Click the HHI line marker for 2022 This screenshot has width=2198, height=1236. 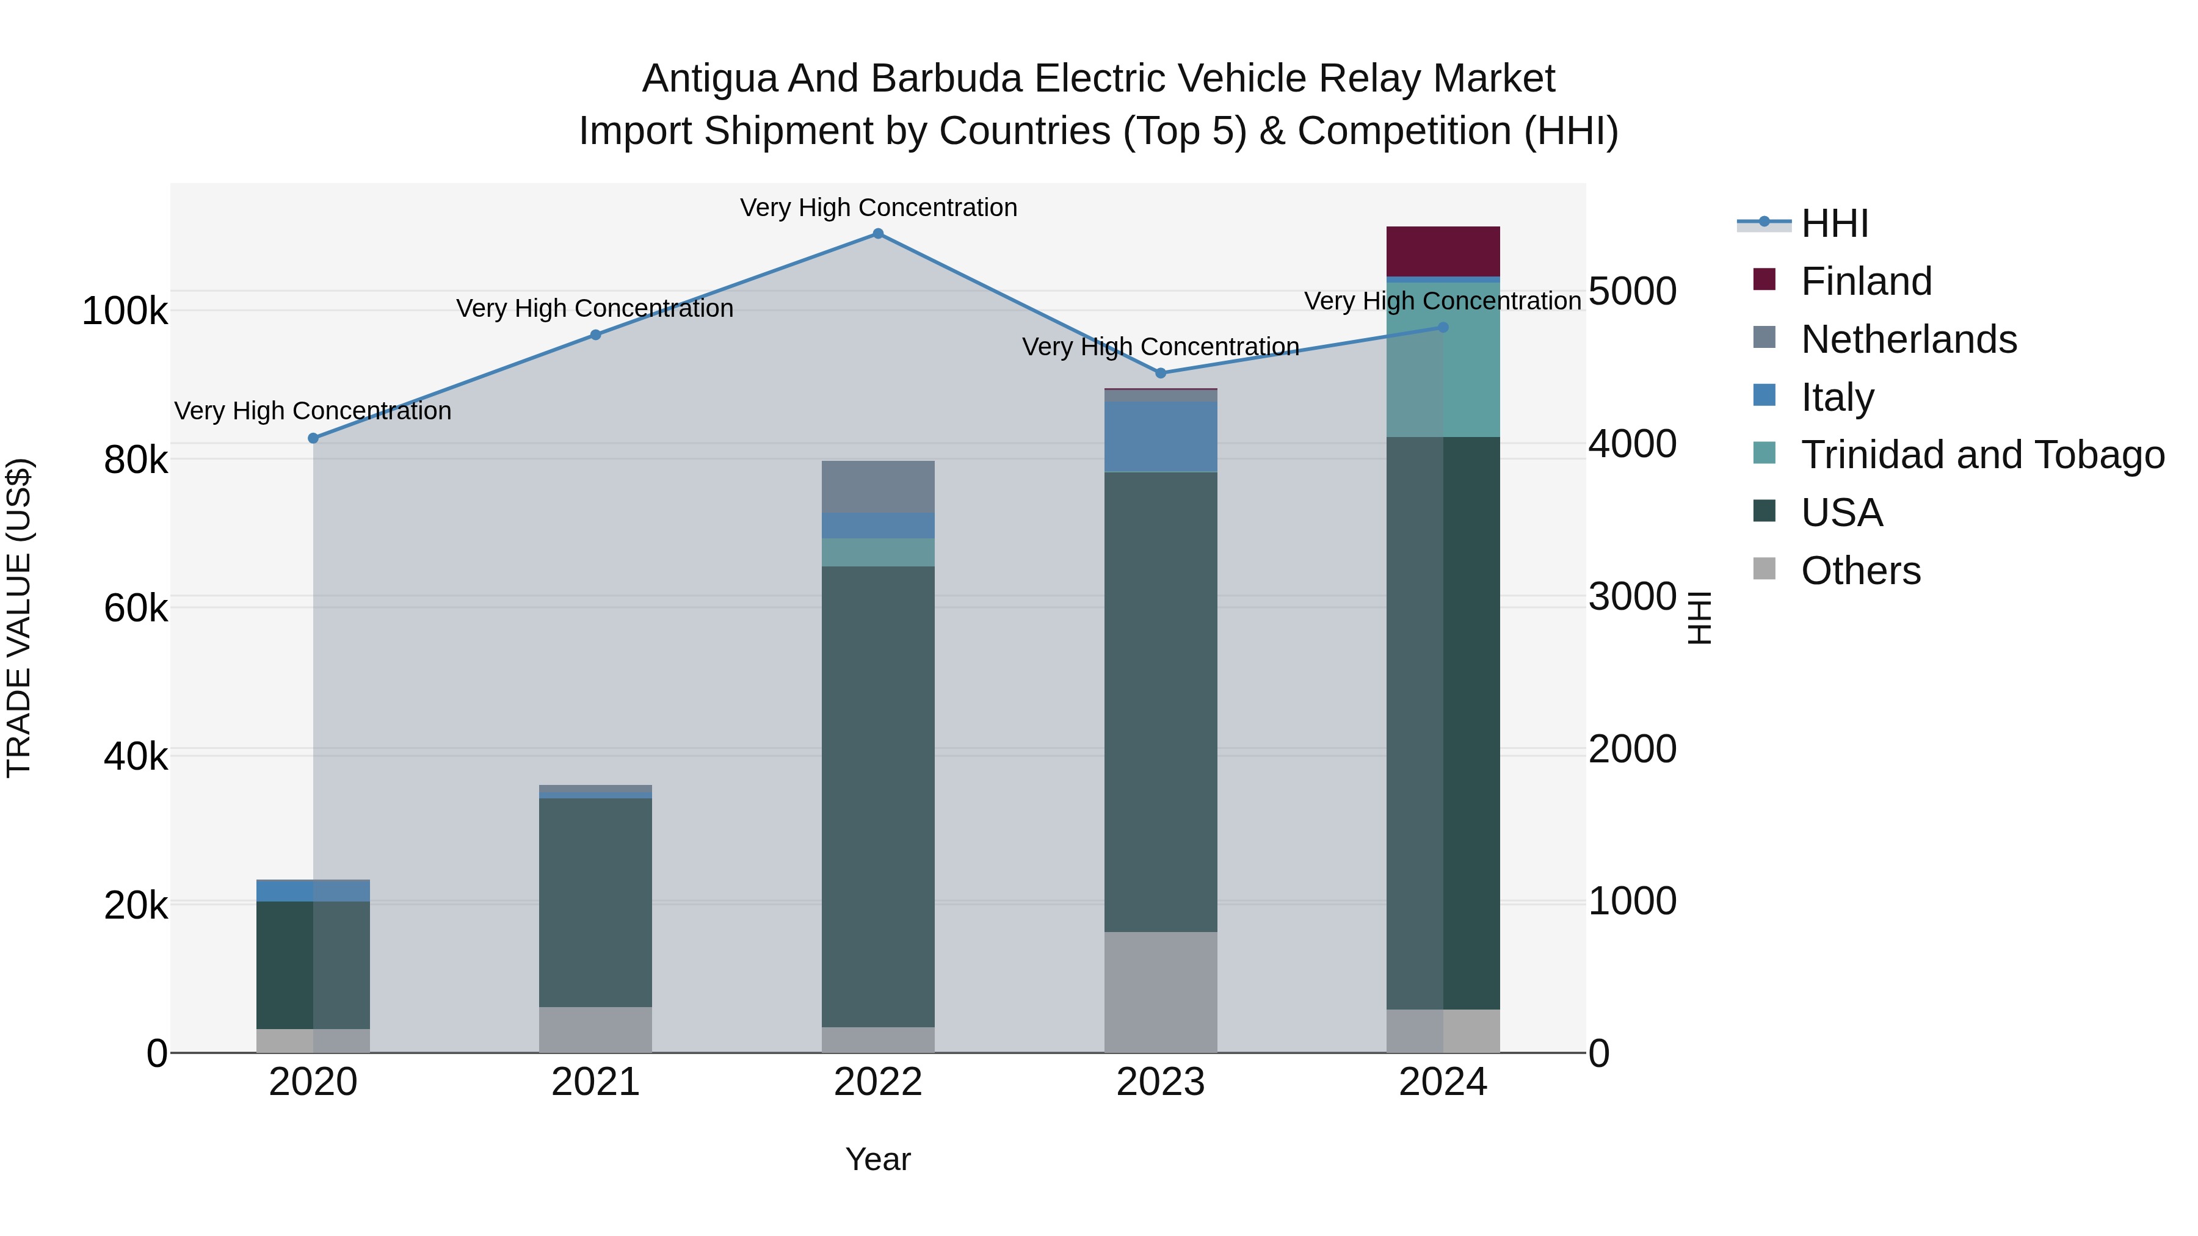tap(878, 234)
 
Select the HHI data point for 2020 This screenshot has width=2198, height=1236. tap(313, 438)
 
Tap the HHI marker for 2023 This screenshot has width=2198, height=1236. tap(1161, 374)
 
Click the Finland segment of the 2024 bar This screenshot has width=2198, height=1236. tap(1443, 251)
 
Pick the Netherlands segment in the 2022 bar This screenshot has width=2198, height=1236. tap(878, 486)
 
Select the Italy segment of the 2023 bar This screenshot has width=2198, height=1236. tap(1161, 436)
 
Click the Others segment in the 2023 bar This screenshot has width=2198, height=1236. tap(1161, 992)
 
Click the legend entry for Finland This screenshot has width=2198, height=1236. tap(1866, 281)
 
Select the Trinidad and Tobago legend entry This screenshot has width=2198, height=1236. tap(1982, 455)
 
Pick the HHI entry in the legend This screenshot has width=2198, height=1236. tap(1835, 223)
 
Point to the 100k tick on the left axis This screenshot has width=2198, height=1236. tap(125, 311)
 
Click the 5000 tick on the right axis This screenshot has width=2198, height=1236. tap(1632, 291)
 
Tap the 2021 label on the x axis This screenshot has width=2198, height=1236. tap(595, 1082)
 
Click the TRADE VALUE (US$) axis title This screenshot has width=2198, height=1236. tap(19, 618)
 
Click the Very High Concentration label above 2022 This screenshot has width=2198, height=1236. tap(878, 208)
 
